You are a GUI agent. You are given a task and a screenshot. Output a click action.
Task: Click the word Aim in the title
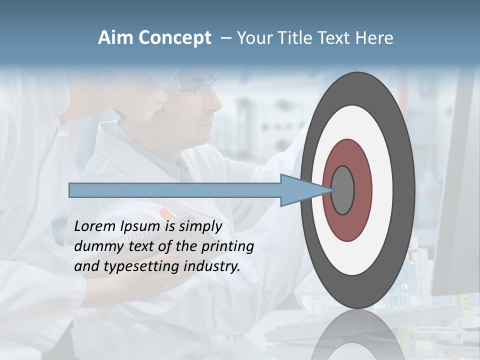tap(115, 38)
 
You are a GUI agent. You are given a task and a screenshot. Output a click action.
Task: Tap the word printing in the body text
tap(227, 247)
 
